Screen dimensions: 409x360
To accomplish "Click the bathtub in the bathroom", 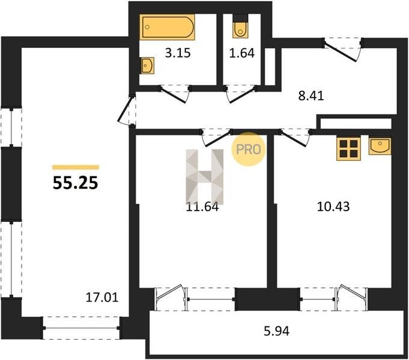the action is point(167,27).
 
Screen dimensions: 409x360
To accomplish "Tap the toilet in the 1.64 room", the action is point(240,29).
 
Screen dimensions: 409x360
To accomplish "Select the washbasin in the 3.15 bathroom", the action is point(147,65).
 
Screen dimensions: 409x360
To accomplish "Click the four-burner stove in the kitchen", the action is point(348,149).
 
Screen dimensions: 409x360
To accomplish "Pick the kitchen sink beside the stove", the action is point(380,146).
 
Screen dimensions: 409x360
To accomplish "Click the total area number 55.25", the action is point(76,182).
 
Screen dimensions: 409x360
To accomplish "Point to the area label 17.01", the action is point(102,298).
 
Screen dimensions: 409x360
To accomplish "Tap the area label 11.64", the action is point(202,207).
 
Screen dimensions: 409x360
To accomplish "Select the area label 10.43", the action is point(333,206).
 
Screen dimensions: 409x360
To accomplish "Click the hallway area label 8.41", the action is point(311,96).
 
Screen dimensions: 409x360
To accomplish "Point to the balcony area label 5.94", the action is point(276,331).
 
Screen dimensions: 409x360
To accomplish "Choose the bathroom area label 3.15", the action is point(178,53).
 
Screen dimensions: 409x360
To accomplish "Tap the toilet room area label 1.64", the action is point(242,53).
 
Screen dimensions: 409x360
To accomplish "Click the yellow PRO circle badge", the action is point(249,149).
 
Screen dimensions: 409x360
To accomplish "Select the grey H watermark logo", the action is point(204,177).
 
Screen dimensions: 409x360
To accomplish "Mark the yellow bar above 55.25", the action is point(76,167).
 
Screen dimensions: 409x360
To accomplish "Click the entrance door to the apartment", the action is point(342,50).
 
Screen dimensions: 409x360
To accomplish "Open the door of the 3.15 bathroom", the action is point(175,94).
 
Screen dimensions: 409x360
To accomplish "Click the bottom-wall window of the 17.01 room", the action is point(81,328).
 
